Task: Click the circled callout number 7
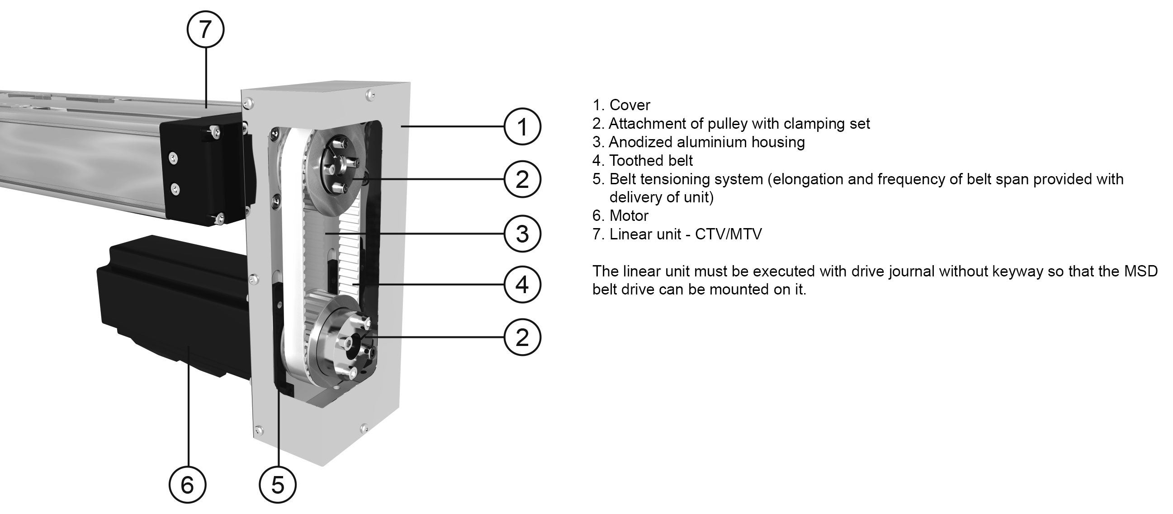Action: point(205,29)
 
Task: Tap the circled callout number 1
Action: point(522,126)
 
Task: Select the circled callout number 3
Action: point(522,234)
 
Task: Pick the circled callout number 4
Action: point(522,285)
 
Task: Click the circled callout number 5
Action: point(277,485)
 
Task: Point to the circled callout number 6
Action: point(187,485)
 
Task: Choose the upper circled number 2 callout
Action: point(522,179)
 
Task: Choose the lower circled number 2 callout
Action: point(522,337)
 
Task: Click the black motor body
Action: point(173,305)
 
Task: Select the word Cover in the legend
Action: point(630,105)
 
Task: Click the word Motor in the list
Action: point(629,215)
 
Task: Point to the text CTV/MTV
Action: point(728,234)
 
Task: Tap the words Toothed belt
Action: point(651,160)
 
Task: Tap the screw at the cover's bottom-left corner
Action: point(259,429)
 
